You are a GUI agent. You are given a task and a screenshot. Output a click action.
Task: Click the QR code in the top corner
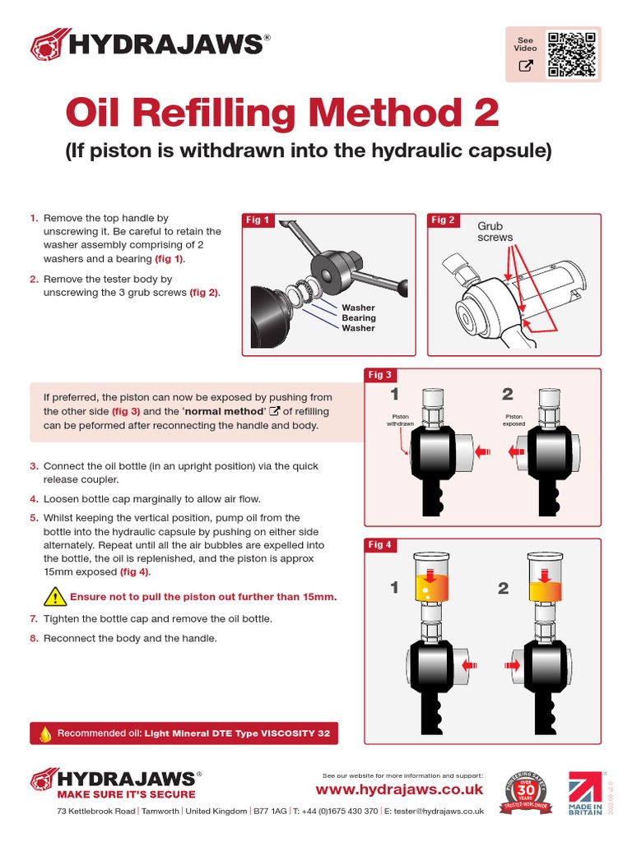click(x=572, y=54)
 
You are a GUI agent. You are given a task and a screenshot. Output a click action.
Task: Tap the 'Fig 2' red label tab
click(x=444, y=220)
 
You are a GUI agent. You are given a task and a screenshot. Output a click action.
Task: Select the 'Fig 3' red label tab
click(x=380, y=375)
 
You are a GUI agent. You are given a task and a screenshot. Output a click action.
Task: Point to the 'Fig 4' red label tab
click(x=380, y=545)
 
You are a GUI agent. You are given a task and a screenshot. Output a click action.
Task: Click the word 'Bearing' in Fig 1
click(x=358, y=318)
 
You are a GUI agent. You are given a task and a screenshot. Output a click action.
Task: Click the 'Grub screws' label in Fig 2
click(x=495, y=231)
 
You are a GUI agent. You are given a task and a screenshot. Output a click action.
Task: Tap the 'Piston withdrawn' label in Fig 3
click(x=400, y=420)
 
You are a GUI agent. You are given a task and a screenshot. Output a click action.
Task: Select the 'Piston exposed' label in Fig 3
click(x=513, y=420)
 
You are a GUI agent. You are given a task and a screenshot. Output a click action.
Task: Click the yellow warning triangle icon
click(x=54, y=596)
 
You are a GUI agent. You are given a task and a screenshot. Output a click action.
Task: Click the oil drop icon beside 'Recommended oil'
click(x=45, y=733)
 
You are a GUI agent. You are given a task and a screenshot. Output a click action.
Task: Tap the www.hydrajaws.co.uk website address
click(x=399, y=789)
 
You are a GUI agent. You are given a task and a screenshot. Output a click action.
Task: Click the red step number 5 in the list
click(x=35, y=518)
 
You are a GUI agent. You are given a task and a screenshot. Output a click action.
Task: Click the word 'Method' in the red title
click(x=360, y=113)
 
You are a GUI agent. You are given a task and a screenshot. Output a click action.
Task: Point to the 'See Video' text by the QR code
click(x=525, y=44)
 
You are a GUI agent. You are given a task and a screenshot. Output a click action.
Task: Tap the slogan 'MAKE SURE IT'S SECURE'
click(x=126, y=794)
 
